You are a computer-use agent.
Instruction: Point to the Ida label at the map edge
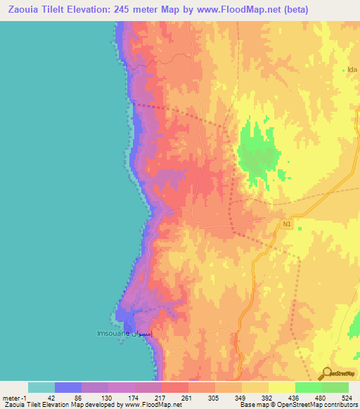coord(353,70)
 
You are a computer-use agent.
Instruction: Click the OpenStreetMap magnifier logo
coord(327,374)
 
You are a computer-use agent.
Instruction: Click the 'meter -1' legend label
coord(15,397)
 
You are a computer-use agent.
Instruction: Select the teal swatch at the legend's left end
coord(41,387)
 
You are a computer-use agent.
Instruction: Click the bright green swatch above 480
coord(308,387)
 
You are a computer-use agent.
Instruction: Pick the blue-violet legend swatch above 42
coord(68,387)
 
